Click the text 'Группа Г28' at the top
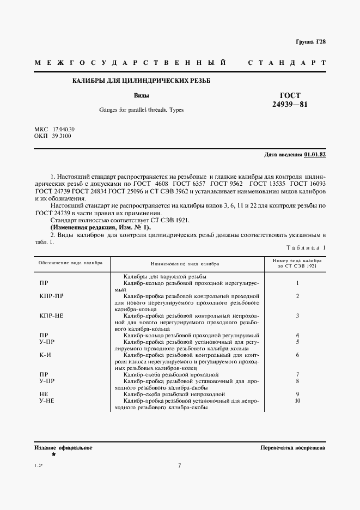click(x=310, y=42)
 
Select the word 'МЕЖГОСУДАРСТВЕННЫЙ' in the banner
click(x=130, y=63)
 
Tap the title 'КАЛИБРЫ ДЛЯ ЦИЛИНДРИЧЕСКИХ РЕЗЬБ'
click(x=142, y=81)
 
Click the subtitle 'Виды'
click(x=142, y=95)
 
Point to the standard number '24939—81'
click(x=290, y=104)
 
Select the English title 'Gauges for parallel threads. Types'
click(x=142, y=110)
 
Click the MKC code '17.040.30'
click(x=64, y=129)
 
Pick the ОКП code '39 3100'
click(x=61, y=136)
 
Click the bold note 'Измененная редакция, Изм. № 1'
click(x=94, y=227)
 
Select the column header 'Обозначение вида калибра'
click(x=70, y=263)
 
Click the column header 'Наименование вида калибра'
click(x=185, y=263)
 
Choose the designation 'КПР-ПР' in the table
click(x=52, y=296)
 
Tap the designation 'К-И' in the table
click(x=45, y=355)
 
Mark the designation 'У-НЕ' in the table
click(x=46, y=400)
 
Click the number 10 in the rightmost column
click(x=297, y=400)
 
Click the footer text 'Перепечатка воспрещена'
click(x=293, y=447)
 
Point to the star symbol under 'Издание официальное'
click(x=53, y=454)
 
